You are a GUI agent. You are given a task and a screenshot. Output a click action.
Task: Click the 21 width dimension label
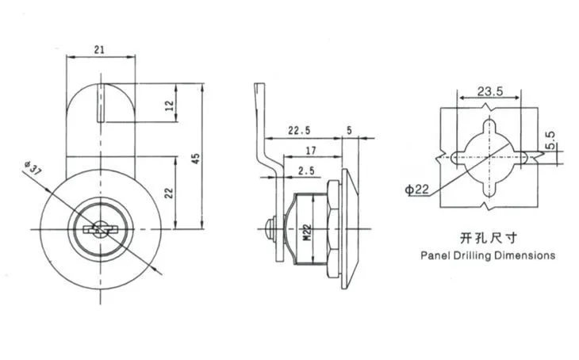99,50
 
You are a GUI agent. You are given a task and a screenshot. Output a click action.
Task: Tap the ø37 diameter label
33,168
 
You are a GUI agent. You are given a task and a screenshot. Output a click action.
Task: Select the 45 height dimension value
197,159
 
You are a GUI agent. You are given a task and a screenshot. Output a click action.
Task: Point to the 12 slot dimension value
170,106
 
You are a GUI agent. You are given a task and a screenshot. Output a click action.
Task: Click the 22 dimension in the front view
169,193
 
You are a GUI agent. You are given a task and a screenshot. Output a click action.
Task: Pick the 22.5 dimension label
300,130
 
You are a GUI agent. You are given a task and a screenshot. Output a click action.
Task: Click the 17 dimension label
311,151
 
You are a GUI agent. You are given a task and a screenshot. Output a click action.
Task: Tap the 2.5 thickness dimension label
306,170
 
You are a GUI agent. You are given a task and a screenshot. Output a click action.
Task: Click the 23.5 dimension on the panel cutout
490,91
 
